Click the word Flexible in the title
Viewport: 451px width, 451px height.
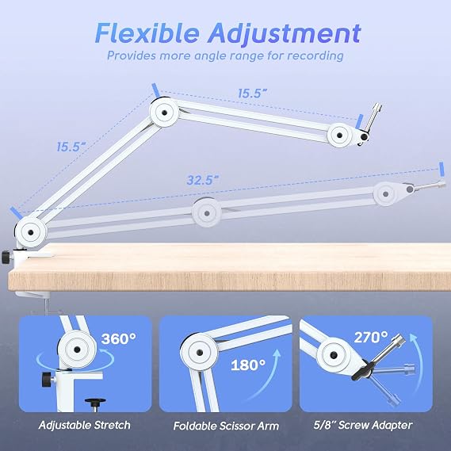pos(147,33)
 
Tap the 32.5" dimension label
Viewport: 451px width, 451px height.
pos(202,181)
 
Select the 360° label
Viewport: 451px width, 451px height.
pos(119,338)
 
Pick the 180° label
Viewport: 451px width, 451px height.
pos(248,365)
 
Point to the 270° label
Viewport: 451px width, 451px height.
pos(371,337)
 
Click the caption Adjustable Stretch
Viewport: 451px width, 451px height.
pos(84,425)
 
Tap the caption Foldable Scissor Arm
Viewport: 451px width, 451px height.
pos(226,426)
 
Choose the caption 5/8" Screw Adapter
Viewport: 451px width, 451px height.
pos(363,425)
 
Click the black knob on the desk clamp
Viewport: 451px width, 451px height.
pos(6,258)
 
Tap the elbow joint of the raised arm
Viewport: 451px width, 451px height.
pos(164,113)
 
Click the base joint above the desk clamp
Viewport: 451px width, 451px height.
pos(30,232)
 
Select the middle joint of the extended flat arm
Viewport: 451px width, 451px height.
pos(207,213)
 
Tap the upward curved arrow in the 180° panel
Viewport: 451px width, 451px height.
pos(266,374)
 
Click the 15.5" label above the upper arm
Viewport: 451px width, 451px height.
pos(253,94)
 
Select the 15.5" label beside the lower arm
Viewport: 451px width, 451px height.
pos(71,147)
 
